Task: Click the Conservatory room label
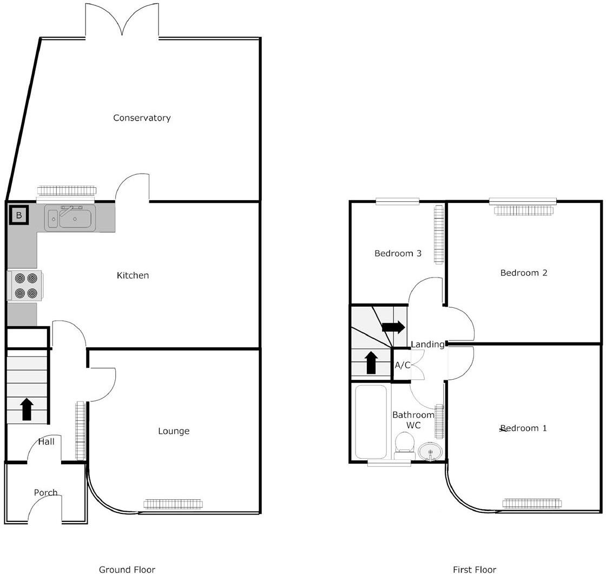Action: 142,118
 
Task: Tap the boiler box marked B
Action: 19,216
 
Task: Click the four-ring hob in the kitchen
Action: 26,286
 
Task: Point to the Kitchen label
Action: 133,275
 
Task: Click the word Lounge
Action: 174,431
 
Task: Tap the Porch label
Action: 45,492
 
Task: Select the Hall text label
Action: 46,441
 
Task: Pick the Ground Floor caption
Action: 127,569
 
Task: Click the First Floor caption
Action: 474,569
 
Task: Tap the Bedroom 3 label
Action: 398,253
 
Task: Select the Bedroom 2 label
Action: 523,273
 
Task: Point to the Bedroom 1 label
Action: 523,428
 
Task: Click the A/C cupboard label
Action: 402,365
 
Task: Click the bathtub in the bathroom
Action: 371,421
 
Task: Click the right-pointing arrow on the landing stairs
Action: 393,327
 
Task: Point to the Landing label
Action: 427,344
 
